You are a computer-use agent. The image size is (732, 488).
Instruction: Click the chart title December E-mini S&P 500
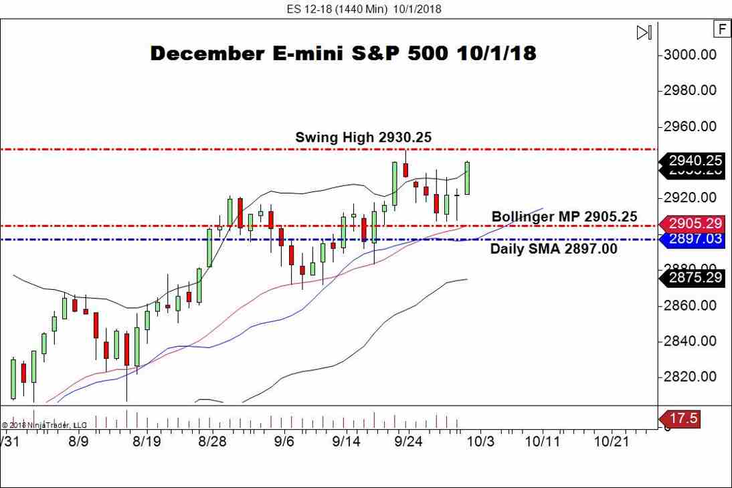coord(343,54)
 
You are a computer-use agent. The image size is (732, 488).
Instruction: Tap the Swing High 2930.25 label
coord(363,137)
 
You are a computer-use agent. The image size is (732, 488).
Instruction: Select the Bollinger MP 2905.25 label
coord(564,217)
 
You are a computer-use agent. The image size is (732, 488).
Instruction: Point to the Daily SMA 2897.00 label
coord(554,248)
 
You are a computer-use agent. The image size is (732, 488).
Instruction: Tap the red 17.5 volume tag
coord(682,419)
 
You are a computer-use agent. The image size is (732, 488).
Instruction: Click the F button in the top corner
coord(722,29)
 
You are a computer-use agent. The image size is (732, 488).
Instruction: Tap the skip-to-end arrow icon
coord(644,32)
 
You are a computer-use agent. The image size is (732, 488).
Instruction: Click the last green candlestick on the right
coord(467,178)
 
